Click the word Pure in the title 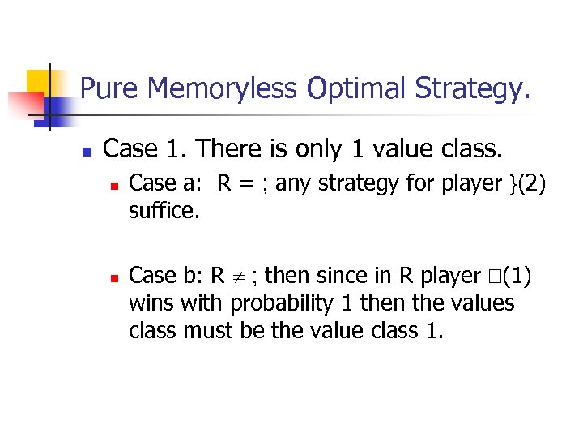[x=109, y=88]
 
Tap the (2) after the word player [x=534, y=184]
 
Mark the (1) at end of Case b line [x=516, y=276]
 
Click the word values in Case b [x=485, y=303]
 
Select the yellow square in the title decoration [x=38, y=81]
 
